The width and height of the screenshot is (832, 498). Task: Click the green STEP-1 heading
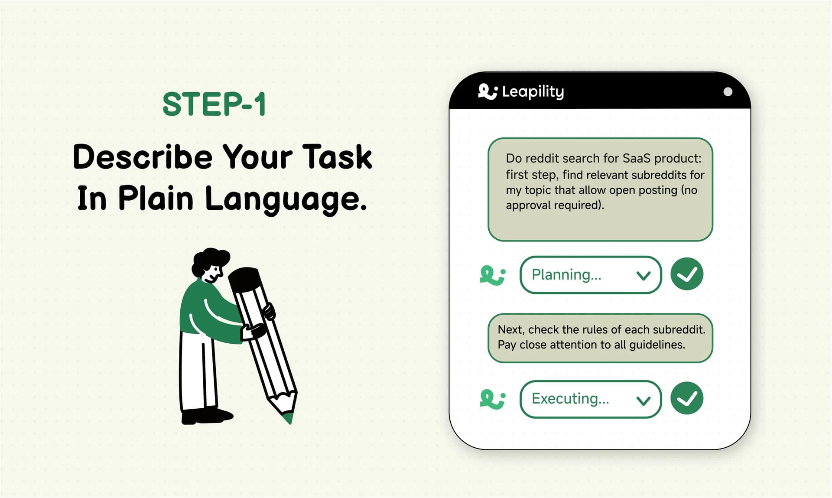[x=214, y=104]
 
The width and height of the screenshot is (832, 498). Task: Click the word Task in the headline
[x=337, y=157]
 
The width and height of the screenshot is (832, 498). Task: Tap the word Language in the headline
[x=286, y=199]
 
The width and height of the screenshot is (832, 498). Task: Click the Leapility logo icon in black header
[x=487, y=91]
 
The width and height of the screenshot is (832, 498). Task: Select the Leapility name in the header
[x=533, y=91]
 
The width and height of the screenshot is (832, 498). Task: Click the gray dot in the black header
[x=728, y=92]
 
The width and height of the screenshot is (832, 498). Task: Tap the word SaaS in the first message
[x=636, y=158]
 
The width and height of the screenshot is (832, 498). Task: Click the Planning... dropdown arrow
[x=643, y=276]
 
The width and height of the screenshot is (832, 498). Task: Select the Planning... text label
[x=566, y=275]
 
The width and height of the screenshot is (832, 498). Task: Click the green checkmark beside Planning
[x=686, y=274]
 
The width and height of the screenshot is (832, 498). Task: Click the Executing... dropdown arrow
[x=643, y=400]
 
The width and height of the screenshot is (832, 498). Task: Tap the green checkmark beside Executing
[x=686, y=398]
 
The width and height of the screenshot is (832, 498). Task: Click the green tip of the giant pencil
[x=288, y=418]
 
